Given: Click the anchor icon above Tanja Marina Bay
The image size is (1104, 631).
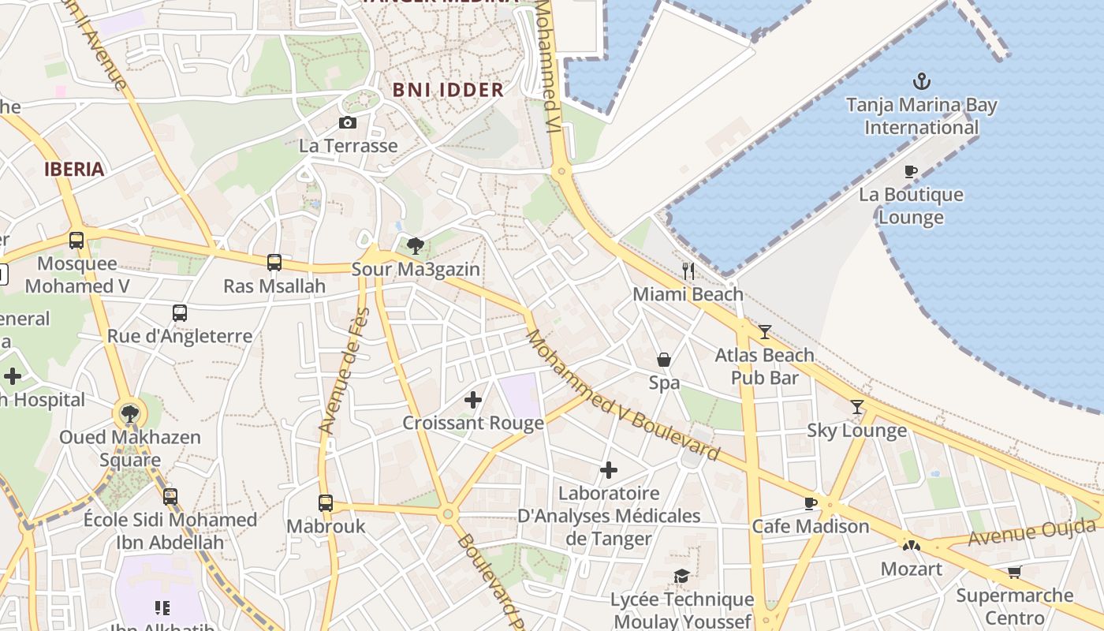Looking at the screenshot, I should (921, 81).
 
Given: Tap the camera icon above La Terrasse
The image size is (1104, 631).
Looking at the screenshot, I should (347, 122).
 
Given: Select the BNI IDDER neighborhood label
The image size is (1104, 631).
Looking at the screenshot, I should (448, 90).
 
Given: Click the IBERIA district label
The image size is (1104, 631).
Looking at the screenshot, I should (74, 169).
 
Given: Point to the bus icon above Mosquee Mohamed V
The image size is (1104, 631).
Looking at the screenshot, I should (76, 241).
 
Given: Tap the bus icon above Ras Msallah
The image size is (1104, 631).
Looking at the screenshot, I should (274, 263).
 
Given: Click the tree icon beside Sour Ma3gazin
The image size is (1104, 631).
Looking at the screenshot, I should (416, 246).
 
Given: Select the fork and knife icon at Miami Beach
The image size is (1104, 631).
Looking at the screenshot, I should (688, 271).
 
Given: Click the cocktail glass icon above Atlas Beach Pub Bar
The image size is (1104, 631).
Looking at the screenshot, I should (764, 332).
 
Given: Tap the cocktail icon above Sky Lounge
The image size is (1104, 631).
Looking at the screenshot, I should (857, 407).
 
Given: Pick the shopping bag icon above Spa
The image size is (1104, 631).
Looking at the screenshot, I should (664, 360).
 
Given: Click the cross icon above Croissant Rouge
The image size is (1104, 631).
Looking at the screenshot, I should (473, 400).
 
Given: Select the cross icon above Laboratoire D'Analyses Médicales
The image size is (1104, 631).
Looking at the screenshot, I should (609, 470).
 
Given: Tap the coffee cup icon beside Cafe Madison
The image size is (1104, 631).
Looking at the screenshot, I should (810, 503).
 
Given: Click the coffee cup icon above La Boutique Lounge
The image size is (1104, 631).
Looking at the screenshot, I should (911, 171).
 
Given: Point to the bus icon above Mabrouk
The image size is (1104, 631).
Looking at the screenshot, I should (326, 502).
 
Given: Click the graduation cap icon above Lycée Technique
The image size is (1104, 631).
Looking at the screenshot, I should (682, 577).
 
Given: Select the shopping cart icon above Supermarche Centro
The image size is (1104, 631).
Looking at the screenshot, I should (1014, 572).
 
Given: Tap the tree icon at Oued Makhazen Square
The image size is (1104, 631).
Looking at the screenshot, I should (130, 413).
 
